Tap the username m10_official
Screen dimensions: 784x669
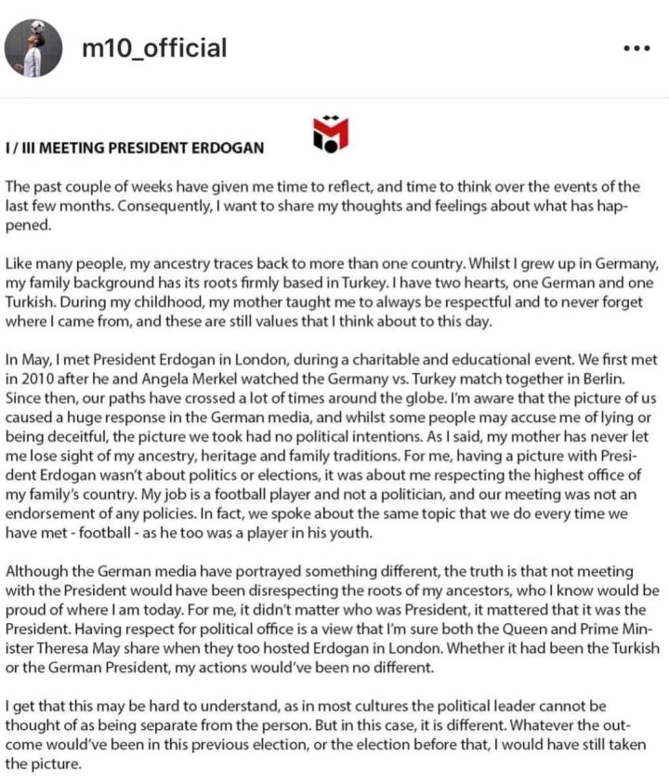point(154,47)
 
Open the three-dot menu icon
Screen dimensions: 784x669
point(636,48)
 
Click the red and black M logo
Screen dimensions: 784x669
point(331,134)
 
